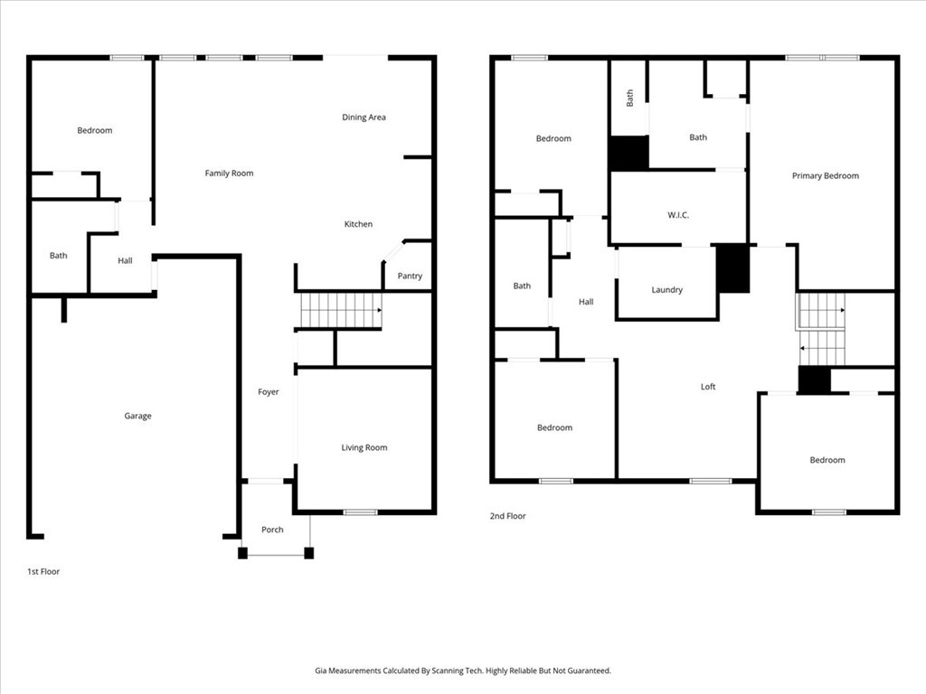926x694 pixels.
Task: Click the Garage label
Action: (137, 416)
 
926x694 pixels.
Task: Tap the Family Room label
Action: (229, 173)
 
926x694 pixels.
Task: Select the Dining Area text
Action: (364, 117)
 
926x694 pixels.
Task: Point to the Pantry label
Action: (410, 276)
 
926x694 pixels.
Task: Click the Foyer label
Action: (268, 392)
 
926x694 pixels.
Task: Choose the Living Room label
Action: (364, 447)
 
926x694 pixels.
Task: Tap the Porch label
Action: (272, 530)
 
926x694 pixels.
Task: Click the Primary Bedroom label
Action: (826, 176)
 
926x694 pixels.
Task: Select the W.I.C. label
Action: (678, 215)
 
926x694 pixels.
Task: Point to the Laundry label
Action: (666, 290)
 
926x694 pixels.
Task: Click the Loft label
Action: (708, 387)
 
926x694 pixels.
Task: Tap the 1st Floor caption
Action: (43, 571)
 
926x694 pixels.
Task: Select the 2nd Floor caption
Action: (507, 516)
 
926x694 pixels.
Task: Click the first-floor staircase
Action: (341, 311)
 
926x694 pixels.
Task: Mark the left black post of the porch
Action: (242, 553)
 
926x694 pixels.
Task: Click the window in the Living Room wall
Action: (360, 511)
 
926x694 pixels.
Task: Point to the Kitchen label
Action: (358, 224)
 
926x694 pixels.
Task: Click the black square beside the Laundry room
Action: (732, 268)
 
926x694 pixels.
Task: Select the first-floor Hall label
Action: (125, 260)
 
